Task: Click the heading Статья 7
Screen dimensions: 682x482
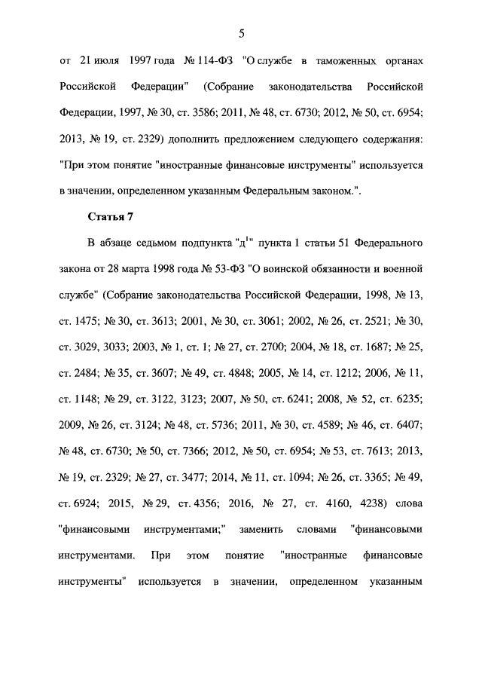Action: coord(111,218)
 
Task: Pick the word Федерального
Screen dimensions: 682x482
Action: coord(381,244)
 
